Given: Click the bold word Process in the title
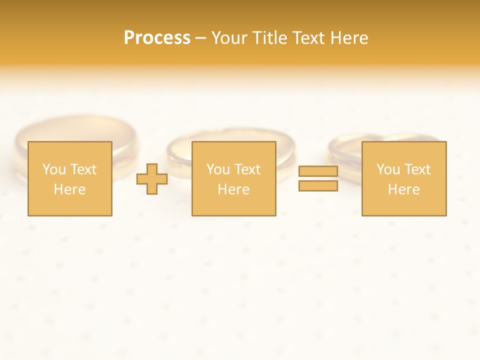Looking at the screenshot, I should tap(157, 38).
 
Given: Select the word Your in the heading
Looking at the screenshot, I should tap(228, 38).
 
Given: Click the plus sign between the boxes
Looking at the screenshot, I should tap(152, 179).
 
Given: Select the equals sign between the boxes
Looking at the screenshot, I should tap(318, 178).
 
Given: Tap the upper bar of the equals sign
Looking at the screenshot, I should tap(318, 171).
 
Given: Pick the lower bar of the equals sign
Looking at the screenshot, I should tap(318, 186).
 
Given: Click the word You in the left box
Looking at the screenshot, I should tap(54, 169).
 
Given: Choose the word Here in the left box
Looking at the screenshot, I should tap(69, 189).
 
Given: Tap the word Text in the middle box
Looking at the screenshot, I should tap(247, 169).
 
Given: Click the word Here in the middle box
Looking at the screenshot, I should tap(233, 189).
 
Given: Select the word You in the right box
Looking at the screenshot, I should tap(388, 169).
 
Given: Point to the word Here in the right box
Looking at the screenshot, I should tap(403, 189).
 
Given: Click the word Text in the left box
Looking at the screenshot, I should tap(83, 169).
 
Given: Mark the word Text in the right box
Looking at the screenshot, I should tap(417, 169).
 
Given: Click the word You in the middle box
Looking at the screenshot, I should tap(218, 169).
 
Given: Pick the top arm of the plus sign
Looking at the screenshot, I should tap(152, 169).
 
